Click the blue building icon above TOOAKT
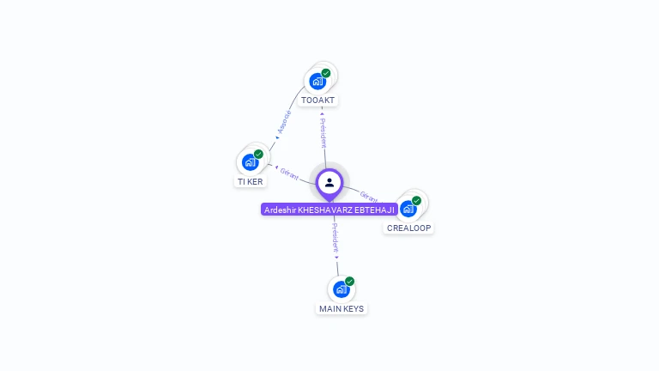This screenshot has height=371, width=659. pos(317,82)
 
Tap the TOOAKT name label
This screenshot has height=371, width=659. pos(317,100)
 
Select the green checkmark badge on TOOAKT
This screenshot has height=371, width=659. pos(326,73)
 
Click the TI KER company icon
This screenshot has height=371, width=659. pos(250,163)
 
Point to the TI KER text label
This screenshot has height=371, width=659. pos(251,182)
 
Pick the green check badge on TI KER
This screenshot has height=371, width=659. pos(258,155)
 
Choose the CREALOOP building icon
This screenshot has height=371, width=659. pos(408,209)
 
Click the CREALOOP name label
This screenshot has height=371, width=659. pos(409,228)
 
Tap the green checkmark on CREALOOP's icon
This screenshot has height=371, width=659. pos(416,201)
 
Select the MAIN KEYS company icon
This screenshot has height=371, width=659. pos(341,289)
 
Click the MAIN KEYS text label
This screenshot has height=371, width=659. pos(342,309)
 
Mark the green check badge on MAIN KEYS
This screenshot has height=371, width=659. pos(349,282)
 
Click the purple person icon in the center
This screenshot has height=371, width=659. pos(329,182)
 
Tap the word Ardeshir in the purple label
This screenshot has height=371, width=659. pos(280,210)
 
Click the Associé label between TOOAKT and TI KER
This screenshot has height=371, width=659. pos(284,122)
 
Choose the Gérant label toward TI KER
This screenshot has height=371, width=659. pos(289,173)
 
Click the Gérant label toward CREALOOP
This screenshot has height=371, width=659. pos(370,197)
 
